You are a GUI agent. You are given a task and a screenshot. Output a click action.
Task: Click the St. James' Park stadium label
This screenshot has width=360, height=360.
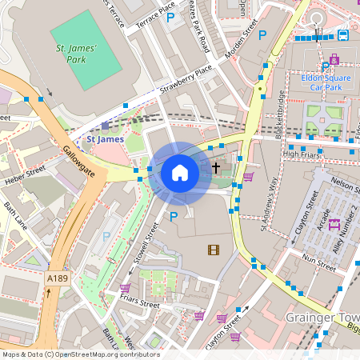click(76, 54)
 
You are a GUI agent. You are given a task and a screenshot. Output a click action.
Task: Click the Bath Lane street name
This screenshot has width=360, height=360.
click(16, 216)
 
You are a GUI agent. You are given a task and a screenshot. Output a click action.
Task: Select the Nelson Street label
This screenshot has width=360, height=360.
click(342, 186)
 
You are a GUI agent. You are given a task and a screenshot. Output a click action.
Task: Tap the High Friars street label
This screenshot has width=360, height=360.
click(301, 154)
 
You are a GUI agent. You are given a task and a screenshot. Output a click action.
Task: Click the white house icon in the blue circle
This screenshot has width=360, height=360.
click(180, 172)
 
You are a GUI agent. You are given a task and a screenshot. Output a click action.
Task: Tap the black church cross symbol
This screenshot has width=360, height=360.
click(216, 168)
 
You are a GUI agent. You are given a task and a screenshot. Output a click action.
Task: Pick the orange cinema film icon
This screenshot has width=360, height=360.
click(213, 250)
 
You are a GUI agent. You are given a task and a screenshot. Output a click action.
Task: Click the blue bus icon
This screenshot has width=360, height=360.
click(342, 34)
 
